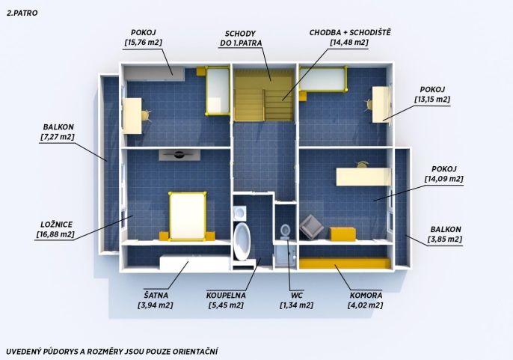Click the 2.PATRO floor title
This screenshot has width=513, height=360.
pyautogui.click(x=22, y=13)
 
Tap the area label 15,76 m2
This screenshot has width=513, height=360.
pyautogui.click(x=143, y=43)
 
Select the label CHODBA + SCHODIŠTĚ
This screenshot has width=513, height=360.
pyautogui.click(x=350, y=32)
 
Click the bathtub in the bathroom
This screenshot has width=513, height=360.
pyautogui.click(x=242, y=241)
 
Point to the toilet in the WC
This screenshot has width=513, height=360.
pyautogui.click(x=286, y=231)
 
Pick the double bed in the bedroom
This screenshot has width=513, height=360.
pyautogui.click(x=188, y=216)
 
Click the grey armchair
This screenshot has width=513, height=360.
pyautogui.click(x=311, y=227)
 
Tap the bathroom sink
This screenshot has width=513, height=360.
pyautogui.click(x=240, y=213)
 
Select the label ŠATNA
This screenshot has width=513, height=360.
pyautogui.click(x=156, y=295)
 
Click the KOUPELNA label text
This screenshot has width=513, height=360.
pyautogui.click(x=226, y=295)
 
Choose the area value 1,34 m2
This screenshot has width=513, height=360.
pyautogui.click(x=296, y=305)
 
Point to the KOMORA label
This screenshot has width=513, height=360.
pyautogui.click(x=366, y=295)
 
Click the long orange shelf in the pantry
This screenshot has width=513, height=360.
pyautogui.click(x=345, y=263)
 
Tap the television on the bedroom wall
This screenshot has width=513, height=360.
pyautogui.click(x=179, y=155)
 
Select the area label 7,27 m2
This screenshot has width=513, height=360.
pyautogui.click(x=58, y=137)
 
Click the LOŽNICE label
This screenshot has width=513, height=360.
pyautogui.click(x=57, y=225)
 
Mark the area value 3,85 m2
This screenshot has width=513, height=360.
pyautogui.click(x=445, y=240)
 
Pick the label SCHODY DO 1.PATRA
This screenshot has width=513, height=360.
pyautogui.click(x=241, y=38)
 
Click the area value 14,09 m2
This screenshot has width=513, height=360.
pyautogui.click(x=444, y=179)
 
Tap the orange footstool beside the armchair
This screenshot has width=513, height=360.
pyautogui.click(x=342, y=234)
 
